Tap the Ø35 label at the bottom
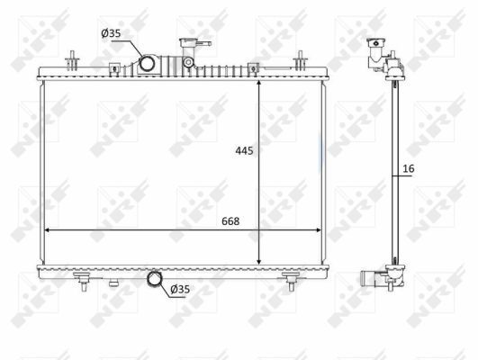tap(180, 289)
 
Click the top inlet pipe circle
tap(147, 64)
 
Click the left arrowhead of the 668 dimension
tap(48, 231)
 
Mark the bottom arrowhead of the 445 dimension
tap(259, 260)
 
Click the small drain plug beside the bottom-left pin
tap(113, 282)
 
